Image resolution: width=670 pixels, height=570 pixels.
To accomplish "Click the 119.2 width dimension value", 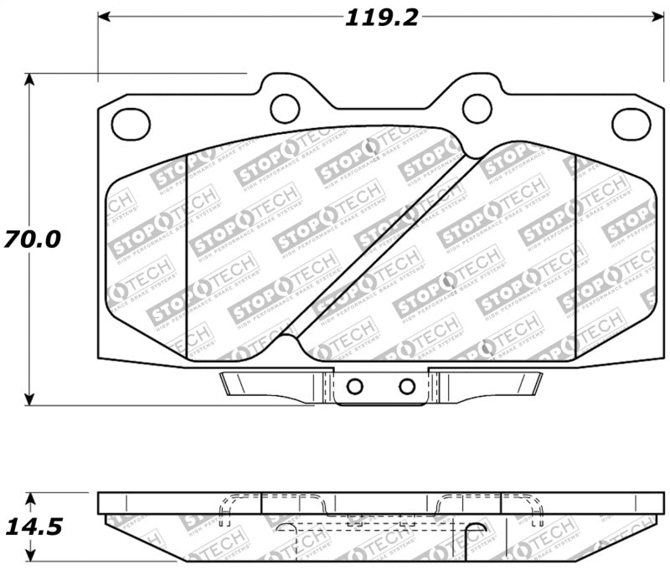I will click(x=382, y=18).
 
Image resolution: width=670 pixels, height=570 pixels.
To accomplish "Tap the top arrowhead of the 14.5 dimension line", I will click(x=30, y=499).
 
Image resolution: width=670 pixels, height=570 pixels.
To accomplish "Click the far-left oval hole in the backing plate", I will click(x=131, y=124).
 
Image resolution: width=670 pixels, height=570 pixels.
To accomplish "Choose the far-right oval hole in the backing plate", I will click(x=631, y=124).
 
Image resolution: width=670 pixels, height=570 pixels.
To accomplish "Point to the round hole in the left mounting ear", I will click(x=285, y=105).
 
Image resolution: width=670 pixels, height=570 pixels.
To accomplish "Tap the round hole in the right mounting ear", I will click(x=477, y=105).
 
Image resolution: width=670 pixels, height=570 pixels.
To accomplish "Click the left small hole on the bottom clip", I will click(x=354, y=386).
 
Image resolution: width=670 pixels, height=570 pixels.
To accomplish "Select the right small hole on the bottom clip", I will click(x=407, y=386).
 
